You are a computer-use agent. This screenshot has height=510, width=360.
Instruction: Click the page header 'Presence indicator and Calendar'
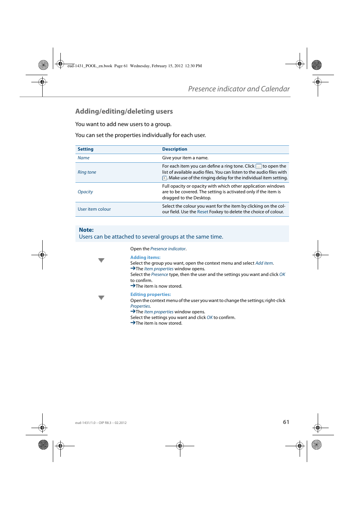click(x=238, y=89)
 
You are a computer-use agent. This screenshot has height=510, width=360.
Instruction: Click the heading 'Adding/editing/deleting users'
click(x=124, y=111)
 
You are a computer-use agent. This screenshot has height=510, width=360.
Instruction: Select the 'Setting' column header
click(x=86, y=149)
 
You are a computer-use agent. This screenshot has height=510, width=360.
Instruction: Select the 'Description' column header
click(x=174, y=149)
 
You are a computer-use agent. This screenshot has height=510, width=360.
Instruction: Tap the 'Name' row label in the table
click(x=83, y=158)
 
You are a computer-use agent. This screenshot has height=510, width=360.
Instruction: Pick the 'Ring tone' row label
click(x=87, y=173)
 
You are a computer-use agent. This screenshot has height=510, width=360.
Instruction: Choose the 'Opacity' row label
click(x=85, y=192)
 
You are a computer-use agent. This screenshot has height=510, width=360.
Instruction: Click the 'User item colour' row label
click(x=94, y=210)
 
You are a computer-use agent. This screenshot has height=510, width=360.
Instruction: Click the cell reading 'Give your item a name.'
click(x=185, y=158)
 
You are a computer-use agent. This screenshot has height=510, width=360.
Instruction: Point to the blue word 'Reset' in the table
click(x=203, y=212)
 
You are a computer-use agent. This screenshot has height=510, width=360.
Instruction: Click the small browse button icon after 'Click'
click(x=258, y=166)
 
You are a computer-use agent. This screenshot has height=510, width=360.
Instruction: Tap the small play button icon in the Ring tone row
click(x=165, y=178)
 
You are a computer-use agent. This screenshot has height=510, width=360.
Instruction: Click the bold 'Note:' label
click(x=86, y=230)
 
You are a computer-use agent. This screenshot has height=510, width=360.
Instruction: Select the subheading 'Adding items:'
click(x=145, y=257)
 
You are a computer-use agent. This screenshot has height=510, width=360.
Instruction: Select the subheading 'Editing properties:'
click(x=151, y=294)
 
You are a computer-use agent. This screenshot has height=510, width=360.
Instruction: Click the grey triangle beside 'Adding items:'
click(x=101, y=260)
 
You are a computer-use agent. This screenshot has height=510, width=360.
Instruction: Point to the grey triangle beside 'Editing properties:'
click(x=101, y=298)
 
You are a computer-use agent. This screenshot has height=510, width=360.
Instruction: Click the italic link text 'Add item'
click(x=264, y=263)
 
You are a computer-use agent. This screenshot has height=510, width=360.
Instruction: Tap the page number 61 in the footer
click(x=286, y=422)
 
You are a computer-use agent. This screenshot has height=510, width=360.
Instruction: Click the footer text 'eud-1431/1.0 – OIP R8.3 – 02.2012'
click(x=101, y=423)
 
